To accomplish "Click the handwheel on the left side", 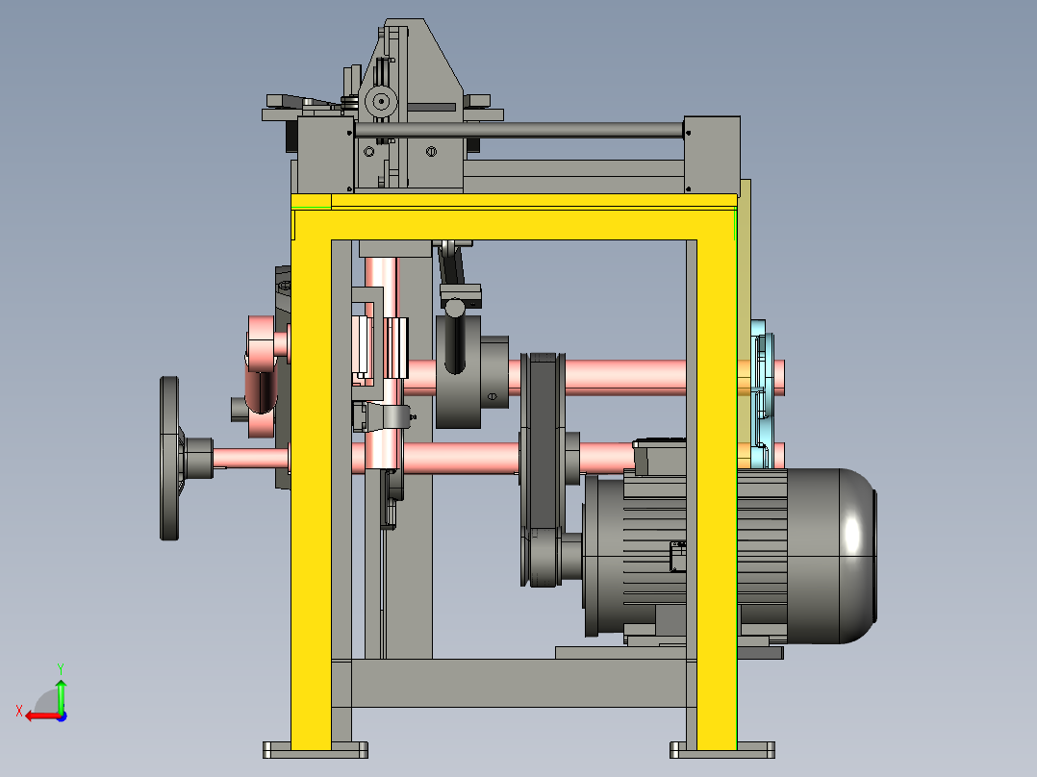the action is tap(169, 459).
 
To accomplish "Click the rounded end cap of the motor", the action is tap(857, 556).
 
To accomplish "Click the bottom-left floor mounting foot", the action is tap(316, 750).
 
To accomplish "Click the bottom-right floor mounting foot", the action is tap(722, 750).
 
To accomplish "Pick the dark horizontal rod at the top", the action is tap(519, 130).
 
